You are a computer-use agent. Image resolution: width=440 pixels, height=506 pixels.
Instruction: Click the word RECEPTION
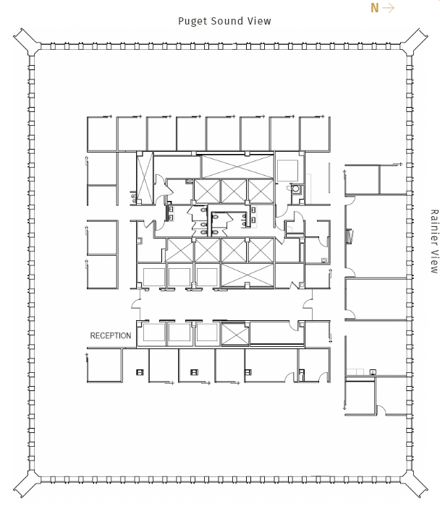coord(111,335)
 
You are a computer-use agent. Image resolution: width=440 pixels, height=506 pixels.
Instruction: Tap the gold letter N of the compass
coord(374,8)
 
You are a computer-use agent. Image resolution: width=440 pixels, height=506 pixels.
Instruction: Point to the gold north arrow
coord(389,8)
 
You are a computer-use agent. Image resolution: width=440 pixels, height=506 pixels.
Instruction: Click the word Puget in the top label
coord(192,21)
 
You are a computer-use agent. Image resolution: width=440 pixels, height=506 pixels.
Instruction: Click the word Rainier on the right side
coord(434,225)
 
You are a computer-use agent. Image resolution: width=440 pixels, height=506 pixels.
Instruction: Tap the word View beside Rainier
coord(434,259)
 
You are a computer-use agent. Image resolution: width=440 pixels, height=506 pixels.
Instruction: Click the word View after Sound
coord(259,21)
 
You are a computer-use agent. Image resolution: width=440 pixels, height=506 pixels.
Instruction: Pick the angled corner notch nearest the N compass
coord(415,39)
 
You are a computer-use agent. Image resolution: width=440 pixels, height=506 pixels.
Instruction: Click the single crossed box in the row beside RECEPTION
coord(235,334)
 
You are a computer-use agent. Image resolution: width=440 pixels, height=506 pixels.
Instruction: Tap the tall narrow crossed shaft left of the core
coord(145,178)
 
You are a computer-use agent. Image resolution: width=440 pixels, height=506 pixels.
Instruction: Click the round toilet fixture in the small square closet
coord(295,189)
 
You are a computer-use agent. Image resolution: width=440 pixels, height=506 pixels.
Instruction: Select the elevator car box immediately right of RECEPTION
coord(154,333)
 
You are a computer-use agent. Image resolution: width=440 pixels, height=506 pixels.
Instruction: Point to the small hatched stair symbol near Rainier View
coord(350,236)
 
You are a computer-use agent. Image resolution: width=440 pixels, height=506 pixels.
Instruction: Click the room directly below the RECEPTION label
coord(104,365)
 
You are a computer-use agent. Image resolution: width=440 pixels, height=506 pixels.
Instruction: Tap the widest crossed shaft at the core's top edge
coord(237,166)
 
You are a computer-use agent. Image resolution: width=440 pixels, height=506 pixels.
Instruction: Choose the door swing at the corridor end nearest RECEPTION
coord(135,304)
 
